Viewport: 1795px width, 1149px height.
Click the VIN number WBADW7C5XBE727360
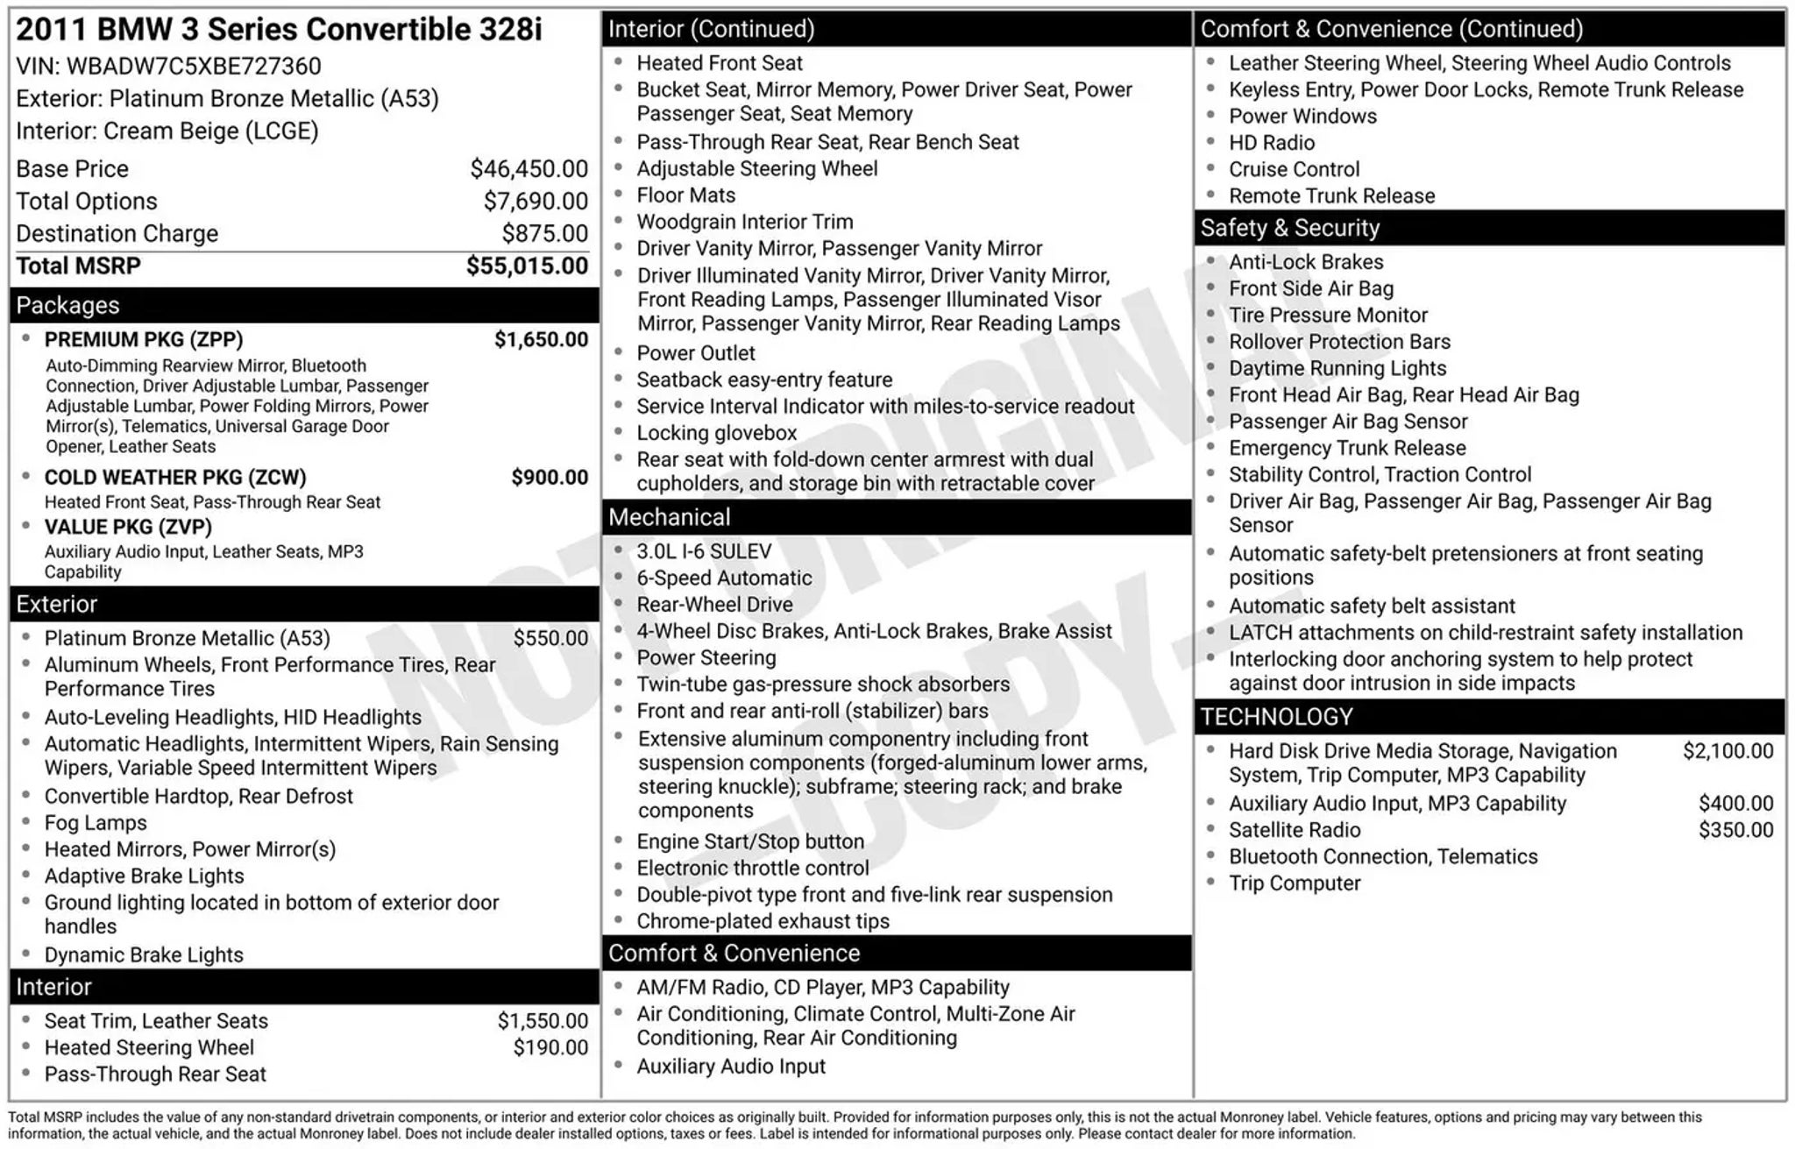[x=194, y=67]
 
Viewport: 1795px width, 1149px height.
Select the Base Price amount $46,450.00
[x=529, y=168]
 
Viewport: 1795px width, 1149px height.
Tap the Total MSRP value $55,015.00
[x=527, y=266]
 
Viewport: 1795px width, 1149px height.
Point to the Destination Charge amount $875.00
[x=544, y=233]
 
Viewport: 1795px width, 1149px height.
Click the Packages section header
[x=68, y=305]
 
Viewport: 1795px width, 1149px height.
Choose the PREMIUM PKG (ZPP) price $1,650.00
[x=541, y=339]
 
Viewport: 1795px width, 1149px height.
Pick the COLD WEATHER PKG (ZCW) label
[x=175, y=478]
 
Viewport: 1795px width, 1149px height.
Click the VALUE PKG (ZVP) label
[x=128, y=527]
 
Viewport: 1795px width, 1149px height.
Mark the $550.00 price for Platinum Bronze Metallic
[x=550, y=638]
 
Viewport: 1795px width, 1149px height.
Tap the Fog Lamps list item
[x=96, y=823]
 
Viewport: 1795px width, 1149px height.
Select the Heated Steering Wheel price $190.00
[x=550, y=1047]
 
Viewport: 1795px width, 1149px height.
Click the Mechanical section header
[x=669, y=517]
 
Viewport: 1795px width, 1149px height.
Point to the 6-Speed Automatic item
[x=724, y=578]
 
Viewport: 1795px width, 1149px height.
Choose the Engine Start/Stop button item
[x=750, y=841]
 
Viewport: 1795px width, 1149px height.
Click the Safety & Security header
[x=1289, y=228]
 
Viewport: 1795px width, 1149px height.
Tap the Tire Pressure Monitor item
[x=1328, y=316]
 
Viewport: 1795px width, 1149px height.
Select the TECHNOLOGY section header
[x=1276, y=717]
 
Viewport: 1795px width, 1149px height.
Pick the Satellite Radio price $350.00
[x=1735, y=830]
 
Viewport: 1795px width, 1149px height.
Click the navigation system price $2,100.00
[x=1728, y=751]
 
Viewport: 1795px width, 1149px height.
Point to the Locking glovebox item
[x=716, y=433]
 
